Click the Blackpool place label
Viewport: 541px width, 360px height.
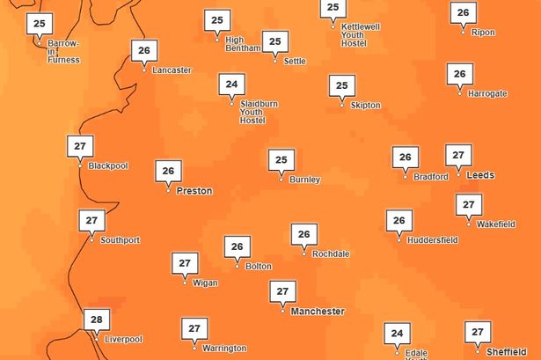tap(107, 165)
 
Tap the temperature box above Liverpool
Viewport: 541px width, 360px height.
tap(96, 320)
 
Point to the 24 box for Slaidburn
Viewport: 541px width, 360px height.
tap(231, 85)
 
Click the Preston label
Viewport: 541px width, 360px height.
tap(194, 190)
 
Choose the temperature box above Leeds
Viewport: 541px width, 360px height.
tap(457, 156)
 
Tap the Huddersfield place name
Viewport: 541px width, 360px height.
tap(432, 239)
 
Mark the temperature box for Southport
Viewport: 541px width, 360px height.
tap(91, 220)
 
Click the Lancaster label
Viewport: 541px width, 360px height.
tap(171, 70)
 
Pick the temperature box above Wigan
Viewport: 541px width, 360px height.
tap(184, 263)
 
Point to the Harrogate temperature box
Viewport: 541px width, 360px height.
tap(458, 74)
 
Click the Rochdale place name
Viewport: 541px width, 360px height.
tap(331, 253)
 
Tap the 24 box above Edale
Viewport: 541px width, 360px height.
tap(397, 334)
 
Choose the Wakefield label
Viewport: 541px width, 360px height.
tap(495, 224)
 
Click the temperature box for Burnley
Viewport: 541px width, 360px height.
tap(281, 160)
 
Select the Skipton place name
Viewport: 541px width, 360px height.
tap(365, 106)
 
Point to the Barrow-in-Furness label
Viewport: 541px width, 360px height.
tap(63, 52)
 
